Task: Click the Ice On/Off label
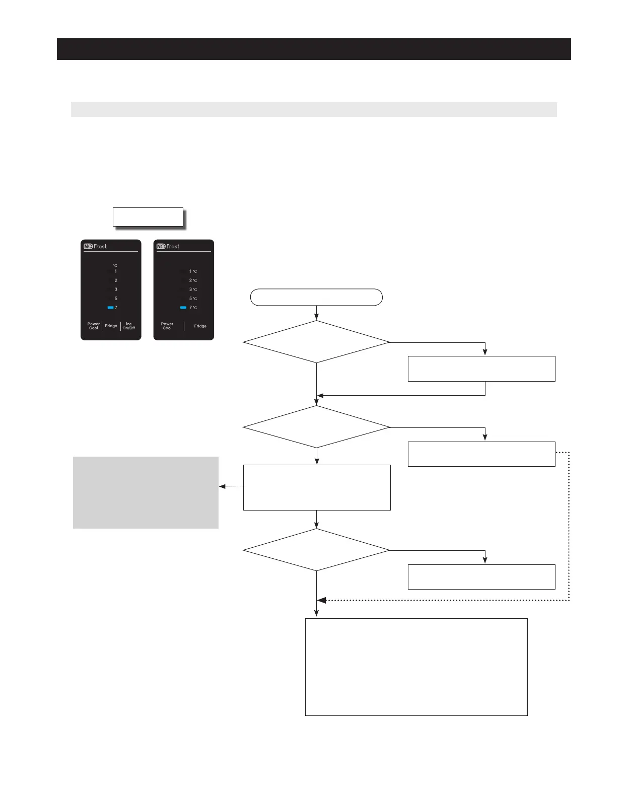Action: point(128,326)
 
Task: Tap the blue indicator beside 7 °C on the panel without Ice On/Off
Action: point(183,308)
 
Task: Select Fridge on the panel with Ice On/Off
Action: point(111,326)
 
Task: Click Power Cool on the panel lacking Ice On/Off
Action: point(167,326)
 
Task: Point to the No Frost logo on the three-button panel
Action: point(95,246)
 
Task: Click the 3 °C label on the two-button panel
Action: point(193,289)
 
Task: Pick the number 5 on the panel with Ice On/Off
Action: point(116,299)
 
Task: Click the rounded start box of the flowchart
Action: point(316,298)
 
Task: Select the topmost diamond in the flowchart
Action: point(316,342)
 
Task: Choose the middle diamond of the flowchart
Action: point(316,427)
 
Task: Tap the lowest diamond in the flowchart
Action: point(316,550)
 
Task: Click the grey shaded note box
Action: point(146,492)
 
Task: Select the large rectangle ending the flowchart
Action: point(416,667)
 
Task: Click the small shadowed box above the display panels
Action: point(148,217)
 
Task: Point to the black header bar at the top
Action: point(314,49)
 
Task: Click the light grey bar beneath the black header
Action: point(314,109)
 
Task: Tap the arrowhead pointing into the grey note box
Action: point(222,487)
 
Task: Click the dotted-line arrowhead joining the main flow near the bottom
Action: point(321,600)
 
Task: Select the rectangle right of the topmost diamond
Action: point(481,369)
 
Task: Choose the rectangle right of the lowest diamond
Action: point(481,576)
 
